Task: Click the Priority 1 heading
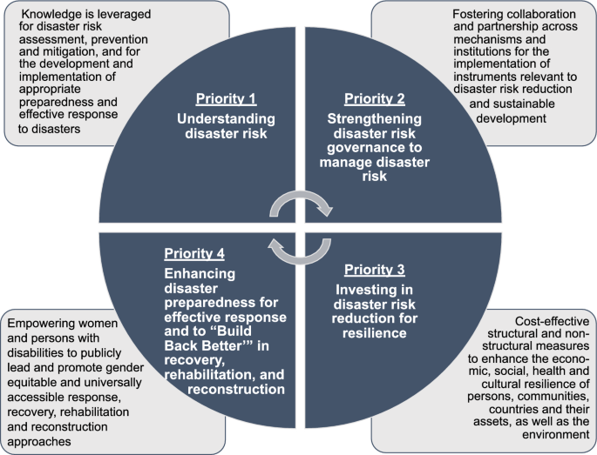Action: (225, 98)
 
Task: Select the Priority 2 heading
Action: (376, 97)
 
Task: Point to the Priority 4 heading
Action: (194, 254)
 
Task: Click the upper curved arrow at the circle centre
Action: (301, 204)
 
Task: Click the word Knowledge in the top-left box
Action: (50, 14)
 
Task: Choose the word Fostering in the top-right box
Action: (480, 15)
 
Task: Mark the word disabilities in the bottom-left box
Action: (34, 351)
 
